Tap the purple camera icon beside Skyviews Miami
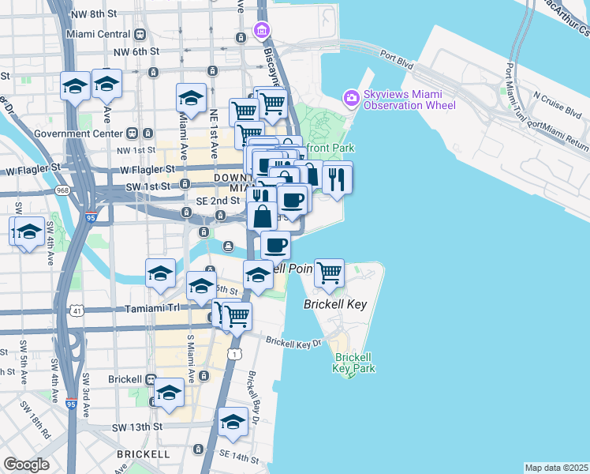[351, 98]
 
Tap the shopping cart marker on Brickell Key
[329, 273]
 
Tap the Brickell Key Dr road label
[294, 343]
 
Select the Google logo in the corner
[26, 465]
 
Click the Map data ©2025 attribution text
[557, 468]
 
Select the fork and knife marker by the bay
[337, 178]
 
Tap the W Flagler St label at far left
[34, 168]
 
